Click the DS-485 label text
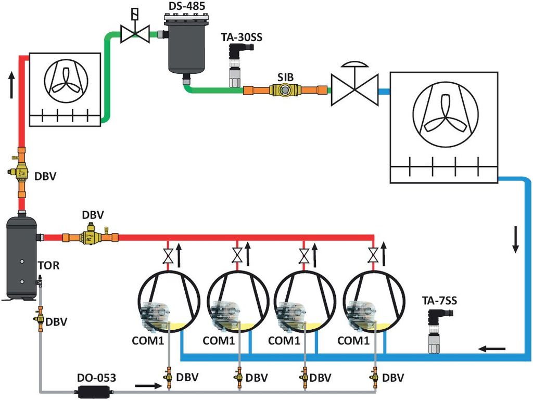pos(186,6)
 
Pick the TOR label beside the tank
pos(48,266)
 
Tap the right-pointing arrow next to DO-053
pos(145,386)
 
